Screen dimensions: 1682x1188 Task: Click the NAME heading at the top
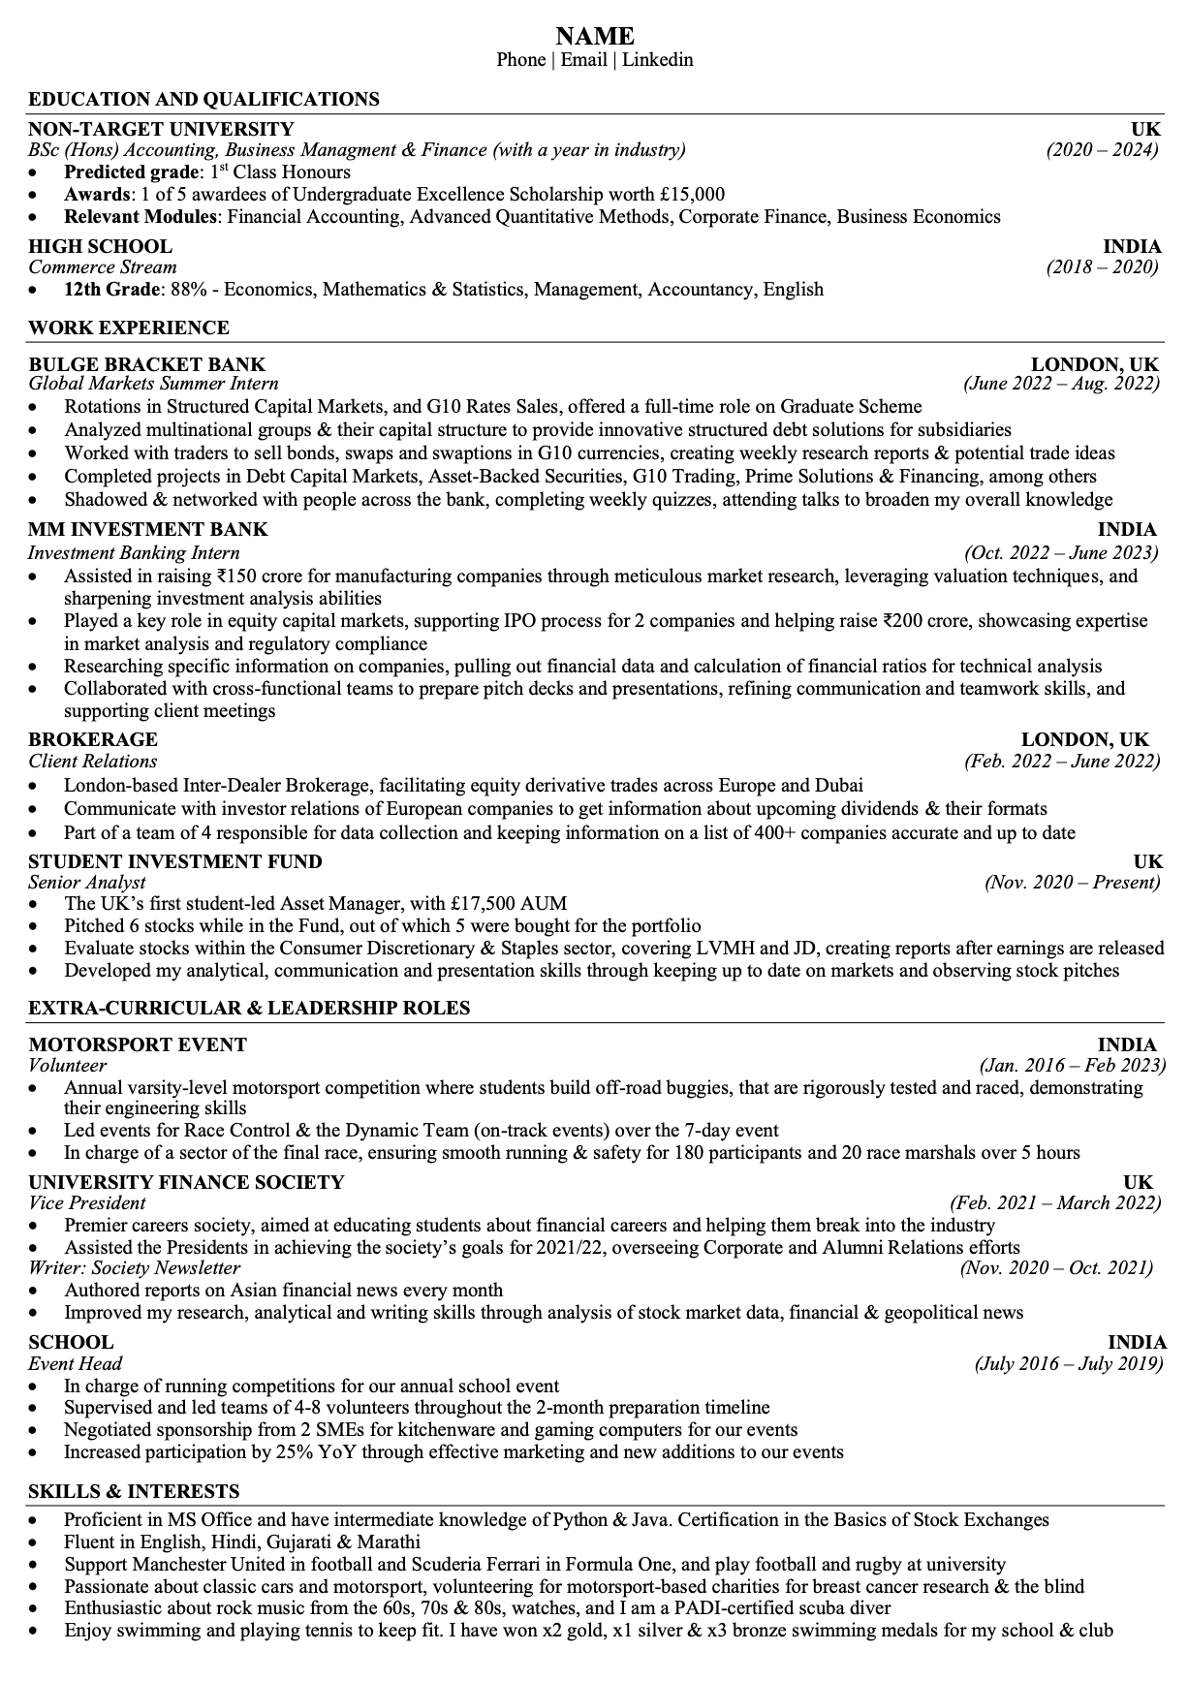point(594,36)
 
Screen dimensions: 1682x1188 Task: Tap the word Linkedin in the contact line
point(657,60)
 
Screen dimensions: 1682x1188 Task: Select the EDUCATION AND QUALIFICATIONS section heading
point(203,99)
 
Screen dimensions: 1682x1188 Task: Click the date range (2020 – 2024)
point(1102,150)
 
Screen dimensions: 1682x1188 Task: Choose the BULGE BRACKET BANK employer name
point(146,364)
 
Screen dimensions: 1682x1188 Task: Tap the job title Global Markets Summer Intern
point(153,385)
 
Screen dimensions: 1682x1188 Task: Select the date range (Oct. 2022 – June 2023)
point(1061,553)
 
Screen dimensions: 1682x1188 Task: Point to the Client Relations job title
point(92,762)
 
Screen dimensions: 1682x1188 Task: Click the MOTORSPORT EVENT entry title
point(138,1044)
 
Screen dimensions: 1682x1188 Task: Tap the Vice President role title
point(86,1203)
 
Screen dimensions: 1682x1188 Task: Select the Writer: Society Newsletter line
point(134,1268)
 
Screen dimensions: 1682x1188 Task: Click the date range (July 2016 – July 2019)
point(1067,1364)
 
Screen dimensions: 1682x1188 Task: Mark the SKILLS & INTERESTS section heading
point(134,1491)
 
